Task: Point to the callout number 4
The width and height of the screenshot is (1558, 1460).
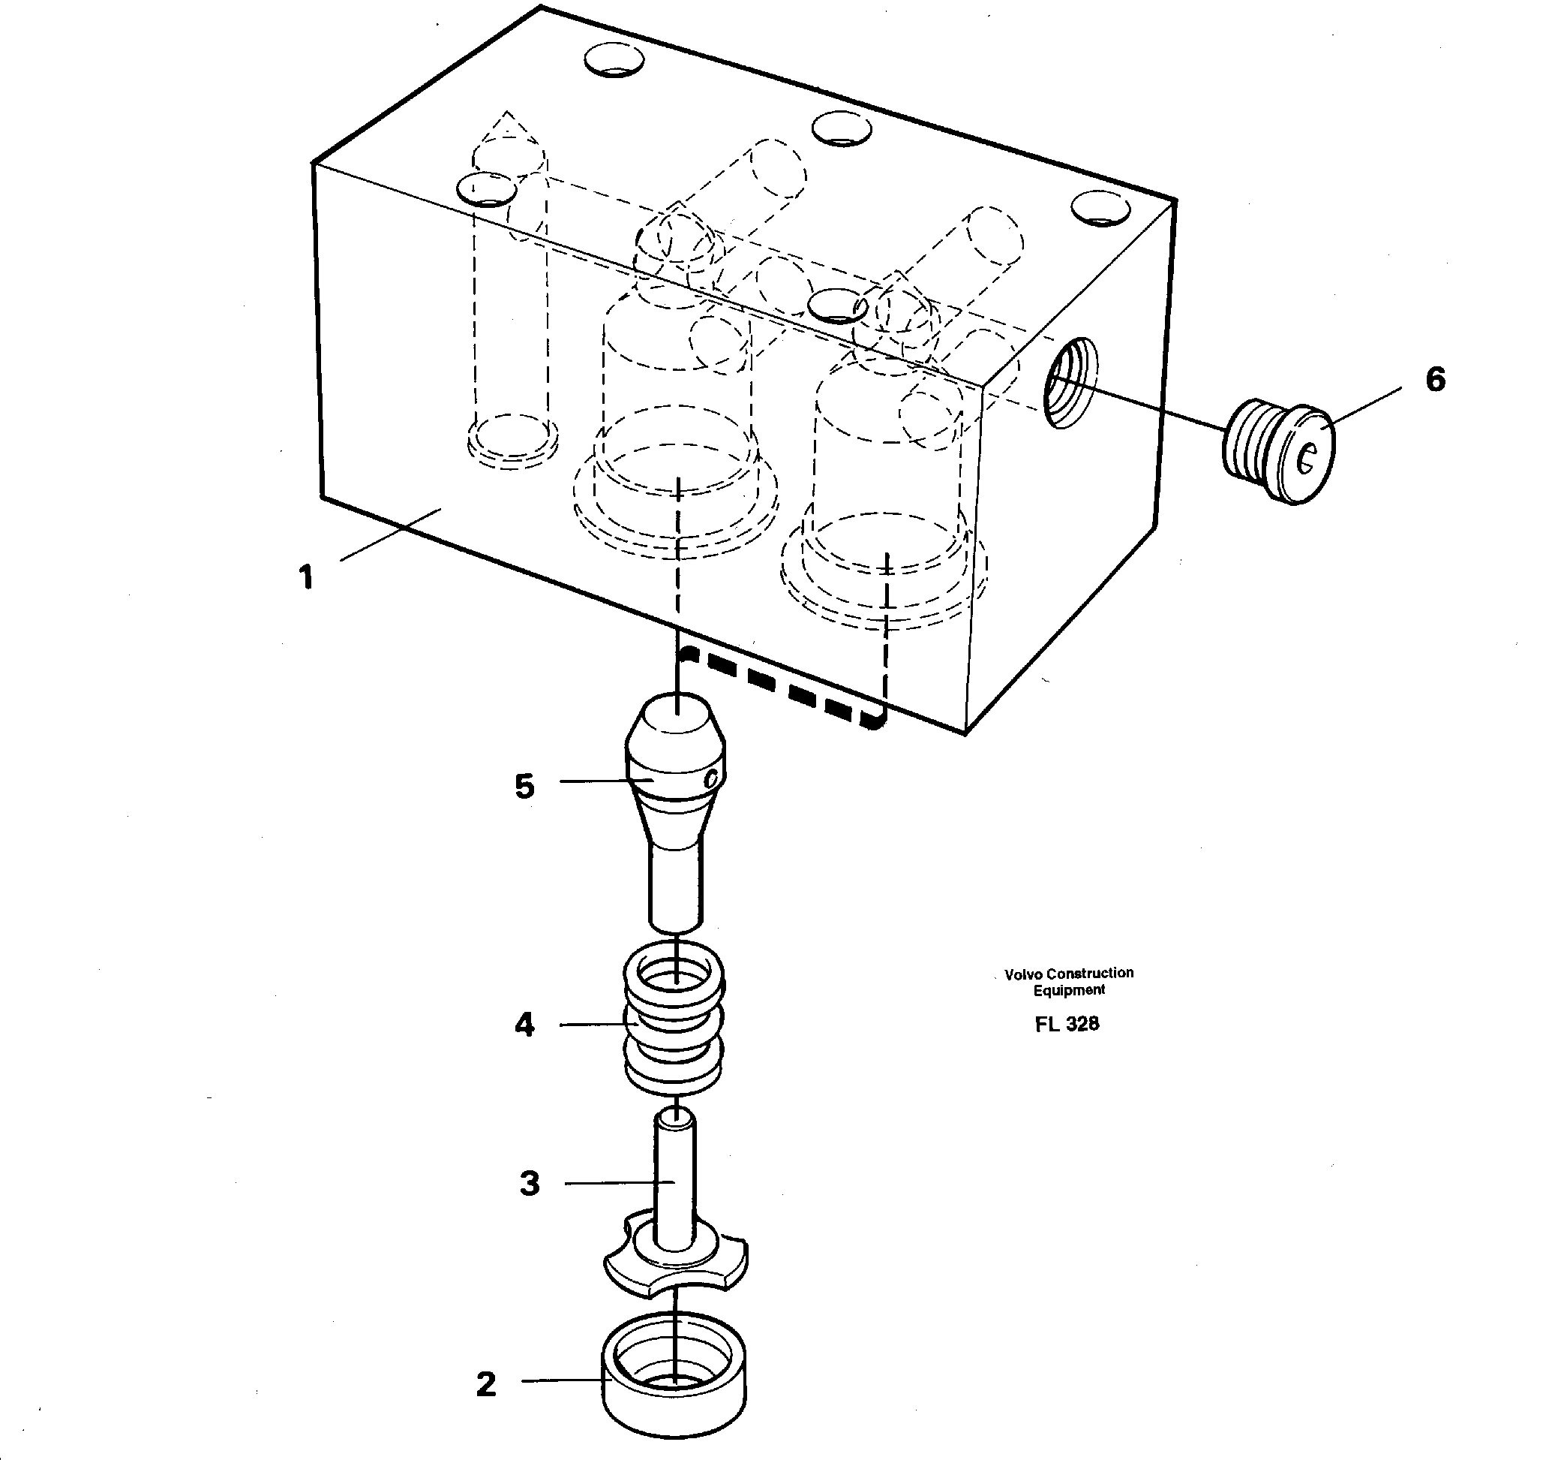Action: (524, 1025)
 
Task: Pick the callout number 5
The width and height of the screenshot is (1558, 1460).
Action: (524, 786)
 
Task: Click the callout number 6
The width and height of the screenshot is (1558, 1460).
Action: (1435, 380)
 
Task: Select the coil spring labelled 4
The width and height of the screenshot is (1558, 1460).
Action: (674, 1019)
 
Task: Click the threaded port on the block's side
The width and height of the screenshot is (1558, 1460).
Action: (1072, 383)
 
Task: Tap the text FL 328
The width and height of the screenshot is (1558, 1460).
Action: (1067, 1024)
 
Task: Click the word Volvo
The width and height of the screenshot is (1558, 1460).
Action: (1023, 974)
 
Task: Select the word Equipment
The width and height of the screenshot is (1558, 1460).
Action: (1068, 990)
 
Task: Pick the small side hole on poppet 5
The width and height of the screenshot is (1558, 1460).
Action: (711, 779)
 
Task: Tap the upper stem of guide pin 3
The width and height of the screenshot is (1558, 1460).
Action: (675, 1176)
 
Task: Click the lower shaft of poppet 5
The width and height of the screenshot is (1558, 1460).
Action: (677, 886)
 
